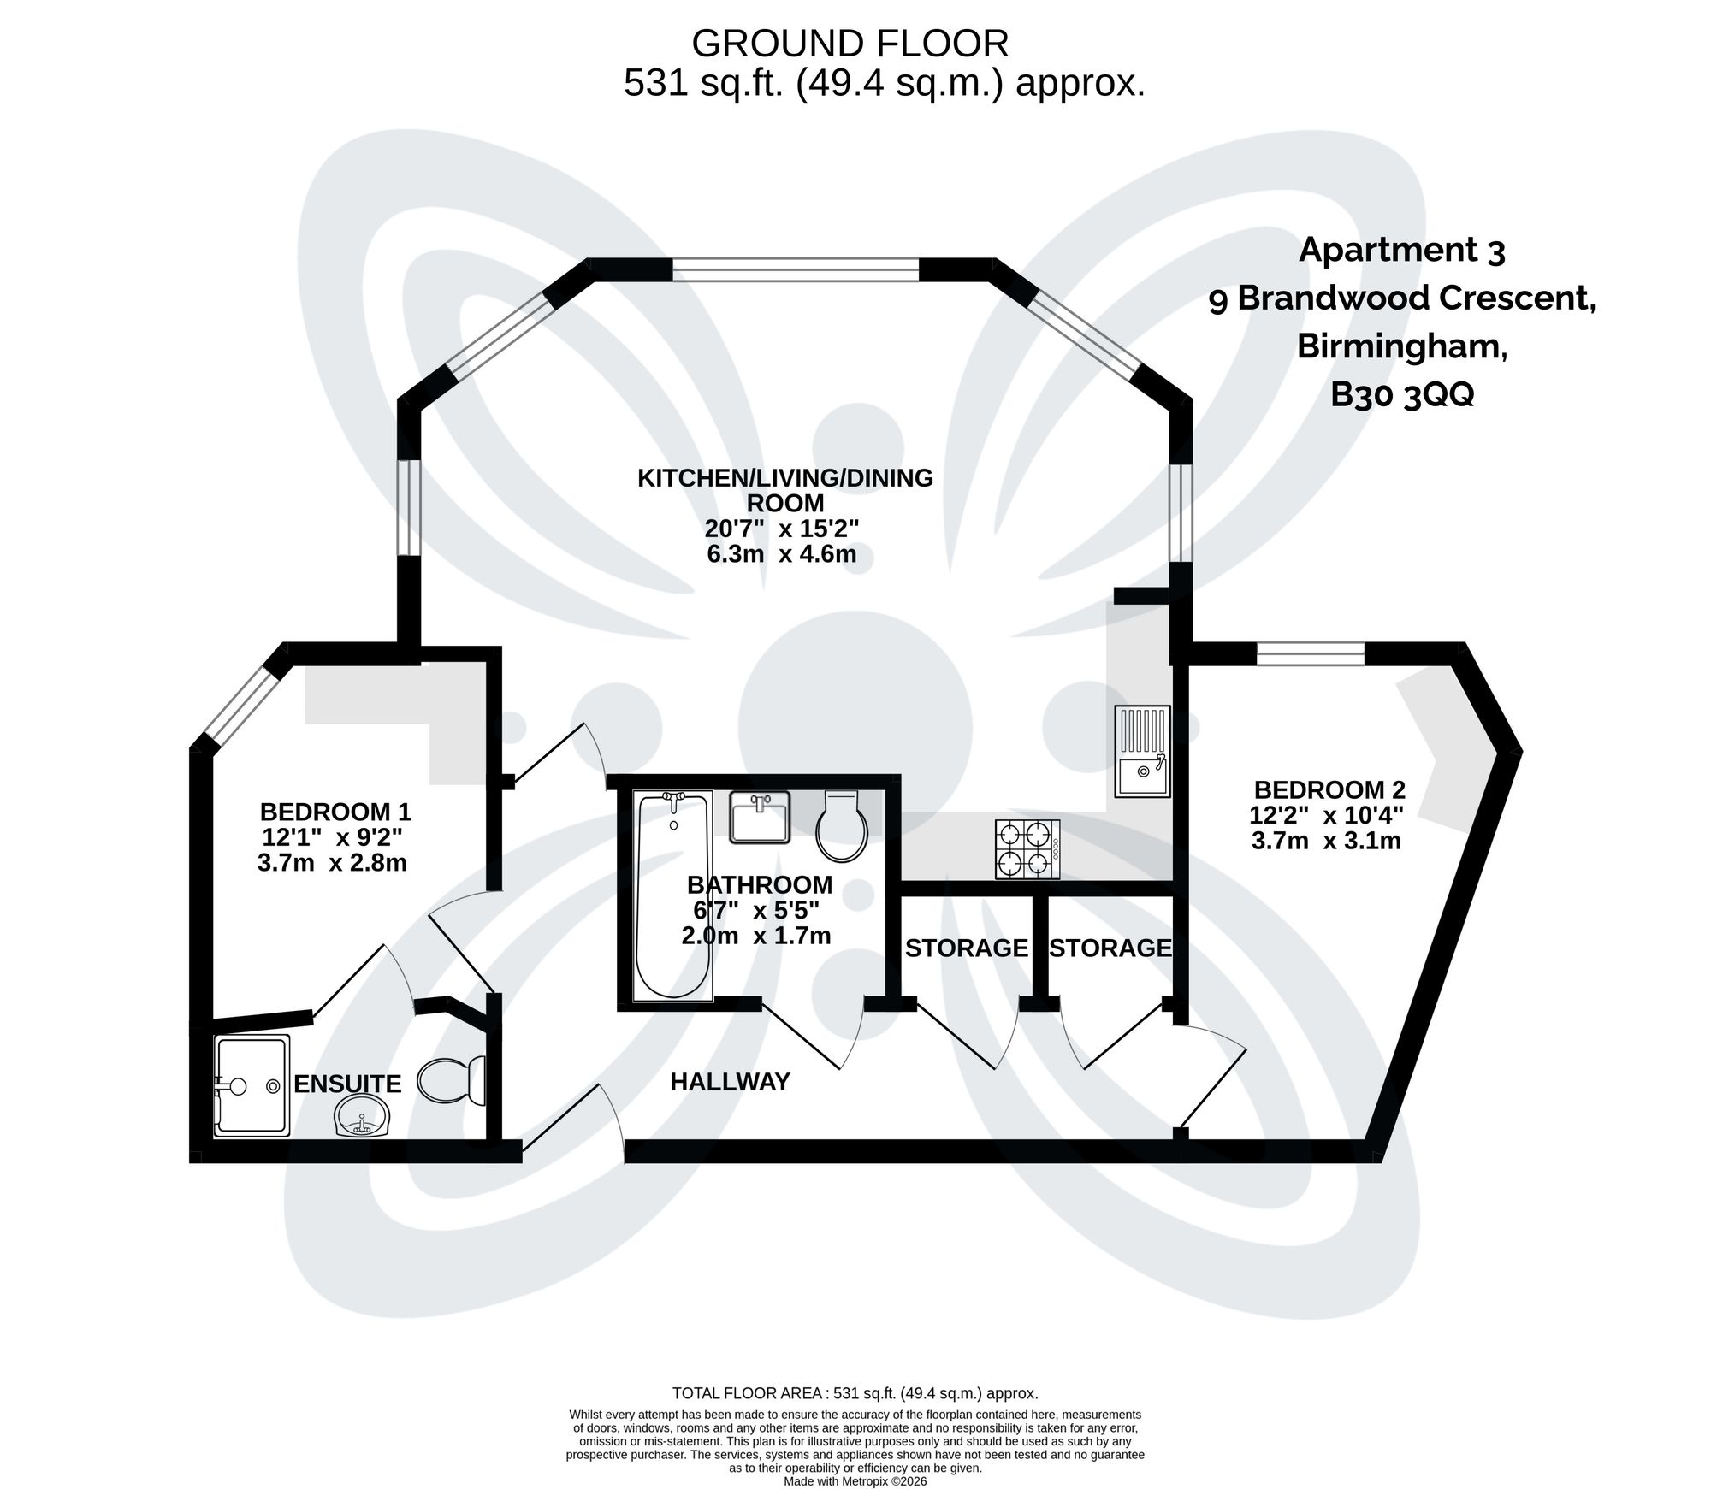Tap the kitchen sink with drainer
click(x=1142, y=752)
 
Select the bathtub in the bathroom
click(x=673, y=895)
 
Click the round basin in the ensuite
click(x=364, y=1117)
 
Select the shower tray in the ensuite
click(x=252, y=1085)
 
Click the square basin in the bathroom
click(x=760, y=818)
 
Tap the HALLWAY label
click(x=730, y=1082)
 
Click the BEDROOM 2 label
click(x=1329, y=789)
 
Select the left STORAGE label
click(x=966, y=948)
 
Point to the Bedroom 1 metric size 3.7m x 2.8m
click(x=332, y=862)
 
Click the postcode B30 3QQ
click(x=1402, y=395)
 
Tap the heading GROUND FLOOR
click(x=850, y=44)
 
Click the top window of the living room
click(x=796, y=270)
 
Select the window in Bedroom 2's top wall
click(x=1310, y=654)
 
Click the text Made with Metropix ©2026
click(x=855, y=1481)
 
